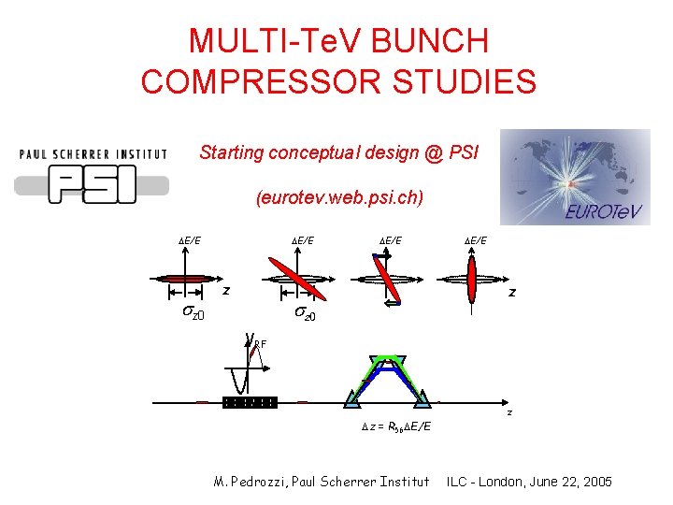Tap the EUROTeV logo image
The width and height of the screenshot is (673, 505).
pyautogui.click(x=574, y=177)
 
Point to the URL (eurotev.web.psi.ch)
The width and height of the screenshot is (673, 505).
pyautogui.click(x=338, y=198)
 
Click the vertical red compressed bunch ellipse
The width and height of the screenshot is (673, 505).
pyautogui.click(x=471, y=278)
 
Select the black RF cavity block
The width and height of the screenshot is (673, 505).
pyautogui.click(x=250, y=403)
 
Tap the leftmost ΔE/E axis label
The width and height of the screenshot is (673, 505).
pyautogui.click(x=189, y=241)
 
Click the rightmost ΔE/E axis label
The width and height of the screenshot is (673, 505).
pyautogui.click(x=475, y=241)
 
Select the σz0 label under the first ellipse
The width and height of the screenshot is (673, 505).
pyautogui.click(x=193, y=311)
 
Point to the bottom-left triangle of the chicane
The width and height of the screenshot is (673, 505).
pyautogui.click(x=351, y=400)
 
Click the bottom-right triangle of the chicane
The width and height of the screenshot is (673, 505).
pyautogui.click(x=422, y=400)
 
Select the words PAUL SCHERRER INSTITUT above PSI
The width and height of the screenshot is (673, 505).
pyautogui.click(x=93, y=154)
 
